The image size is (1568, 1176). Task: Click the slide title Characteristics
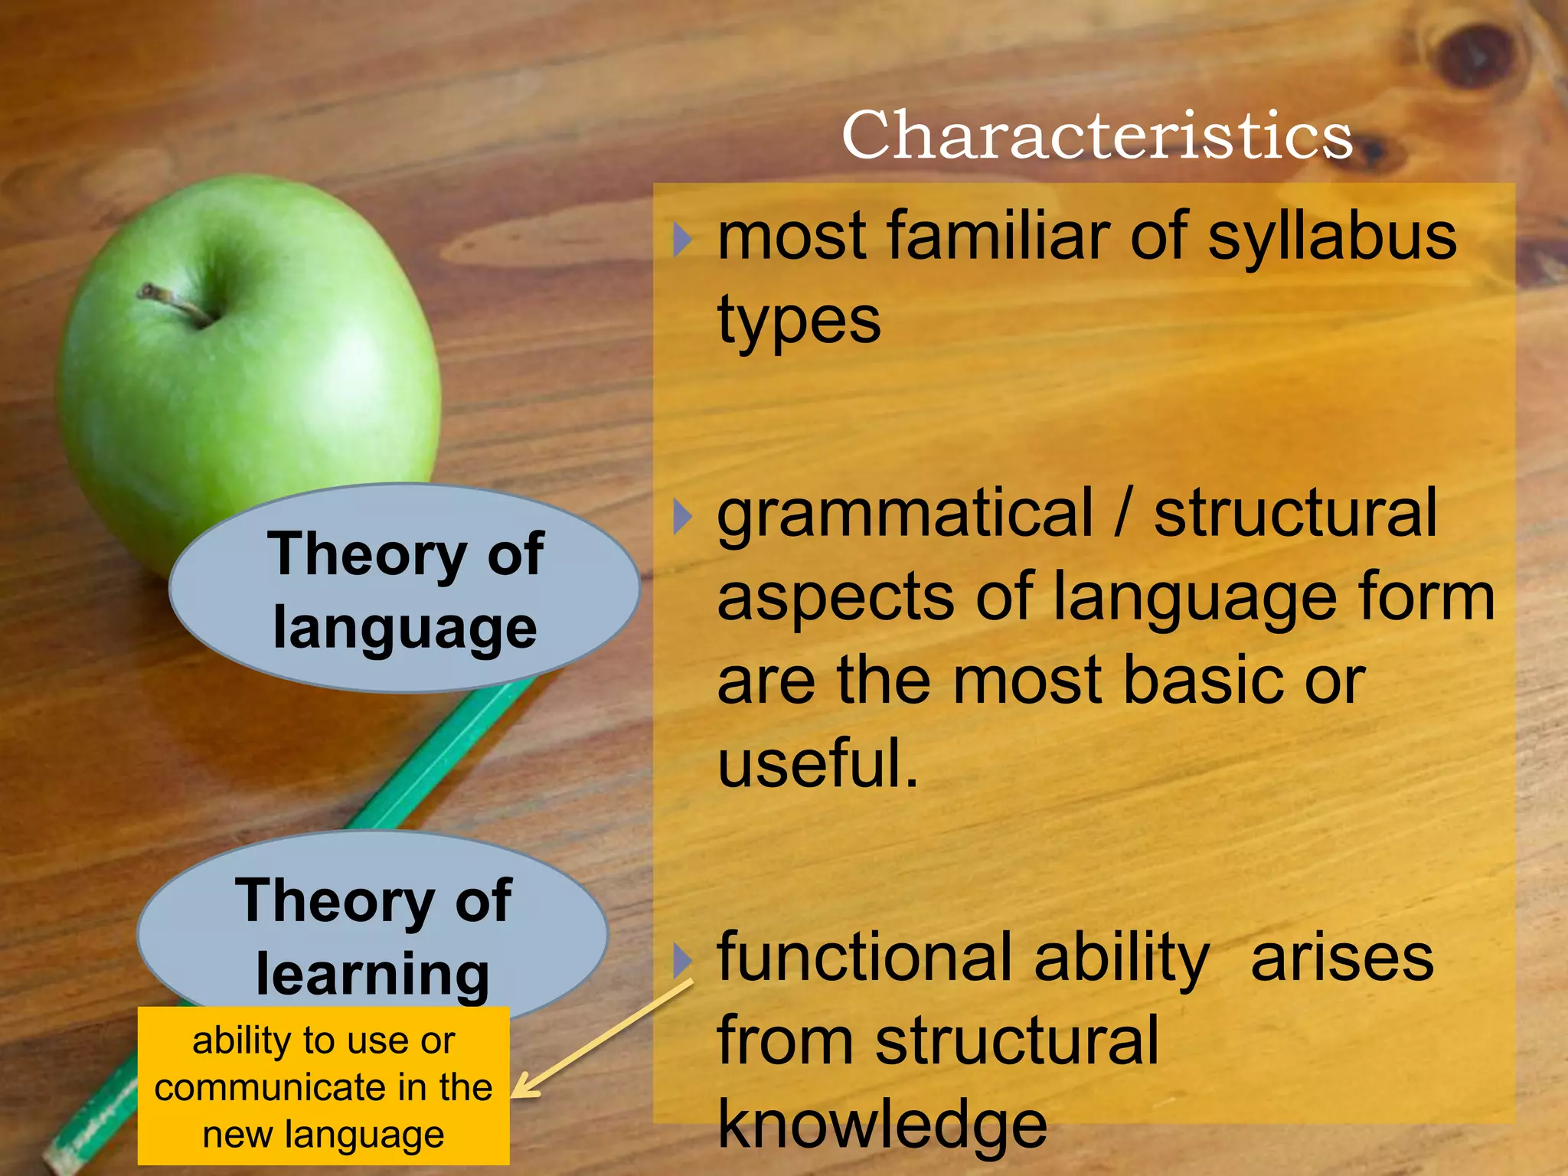pyautogui.click(x=1096, y=135)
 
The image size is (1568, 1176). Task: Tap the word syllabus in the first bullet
pyautogui.click(x=1331, y=237)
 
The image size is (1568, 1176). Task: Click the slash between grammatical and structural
pyautogui.click(x=1122, y=514)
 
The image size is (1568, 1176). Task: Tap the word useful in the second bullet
pyautogui.click(x=816, y=764)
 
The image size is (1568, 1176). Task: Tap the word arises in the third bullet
pyautogui.click(x=1341, y=959)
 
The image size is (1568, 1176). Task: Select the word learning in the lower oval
pyautogui.click(x=372, y=974)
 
